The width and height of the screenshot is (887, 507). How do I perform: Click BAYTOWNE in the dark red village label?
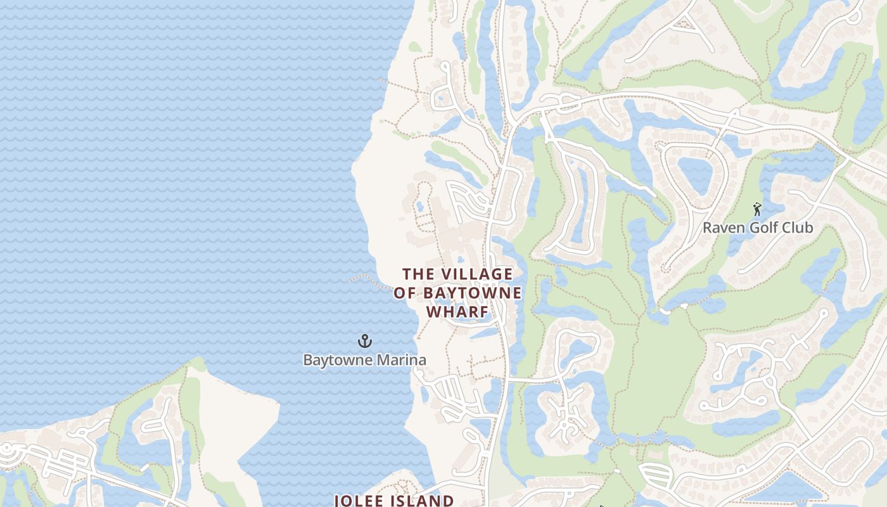472,293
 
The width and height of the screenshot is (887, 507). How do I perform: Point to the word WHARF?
458,312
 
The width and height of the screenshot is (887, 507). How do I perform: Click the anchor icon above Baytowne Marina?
364,342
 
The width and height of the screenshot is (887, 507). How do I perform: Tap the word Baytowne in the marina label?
333,361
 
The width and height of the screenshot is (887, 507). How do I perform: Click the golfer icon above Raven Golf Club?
756,209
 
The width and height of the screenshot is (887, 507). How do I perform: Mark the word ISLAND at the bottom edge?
423,501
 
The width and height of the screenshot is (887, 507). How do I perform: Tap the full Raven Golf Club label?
758,228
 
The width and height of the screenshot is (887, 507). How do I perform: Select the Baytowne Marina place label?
364,361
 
